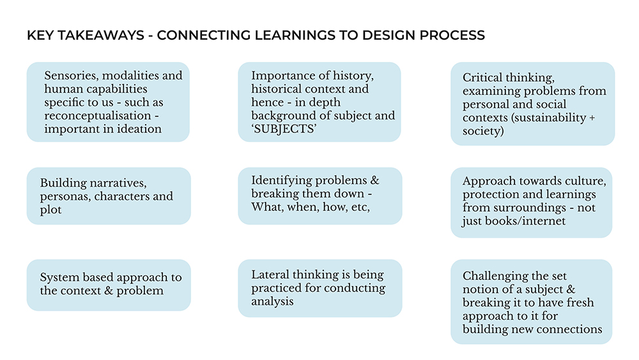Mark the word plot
pyautogui.click(x=51, y=210)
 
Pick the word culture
pyautogui.click(x=581, y=181)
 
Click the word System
pyautogui.click(x=59, y=278)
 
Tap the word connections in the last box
pyautogui.click(x=570, y=329)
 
